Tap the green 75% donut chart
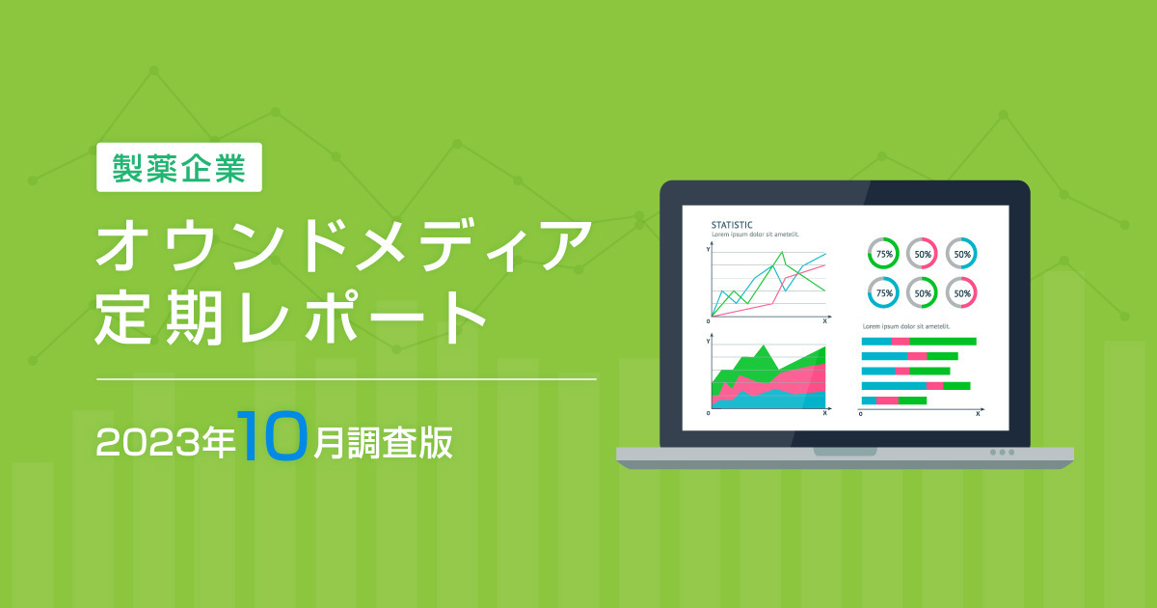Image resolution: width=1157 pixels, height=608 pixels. click(884, 253)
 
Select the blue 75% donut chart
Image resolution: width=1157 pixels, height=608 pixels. click(884, 291)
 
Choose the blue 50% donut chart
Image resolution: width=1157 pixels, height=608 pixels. click(961, 253)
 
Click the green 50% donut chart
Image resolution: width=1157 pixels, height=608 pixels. click(923, 291)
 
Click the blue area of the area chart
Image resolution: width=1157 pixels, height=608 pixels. click(771, 401)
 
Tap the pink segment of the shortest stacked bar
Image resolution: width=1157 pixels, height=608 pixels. click(887, 401)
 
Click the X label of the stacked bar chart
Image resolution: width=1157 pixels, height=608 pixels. click(978, 413)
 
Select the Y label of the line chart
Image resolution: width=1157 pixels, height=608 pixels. click(709, 249)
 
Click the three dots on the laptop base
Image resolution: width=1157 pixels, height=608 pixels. click(1002, 453)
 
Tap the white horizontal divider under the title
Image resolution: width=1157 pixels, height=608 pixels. click(347, 379)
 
